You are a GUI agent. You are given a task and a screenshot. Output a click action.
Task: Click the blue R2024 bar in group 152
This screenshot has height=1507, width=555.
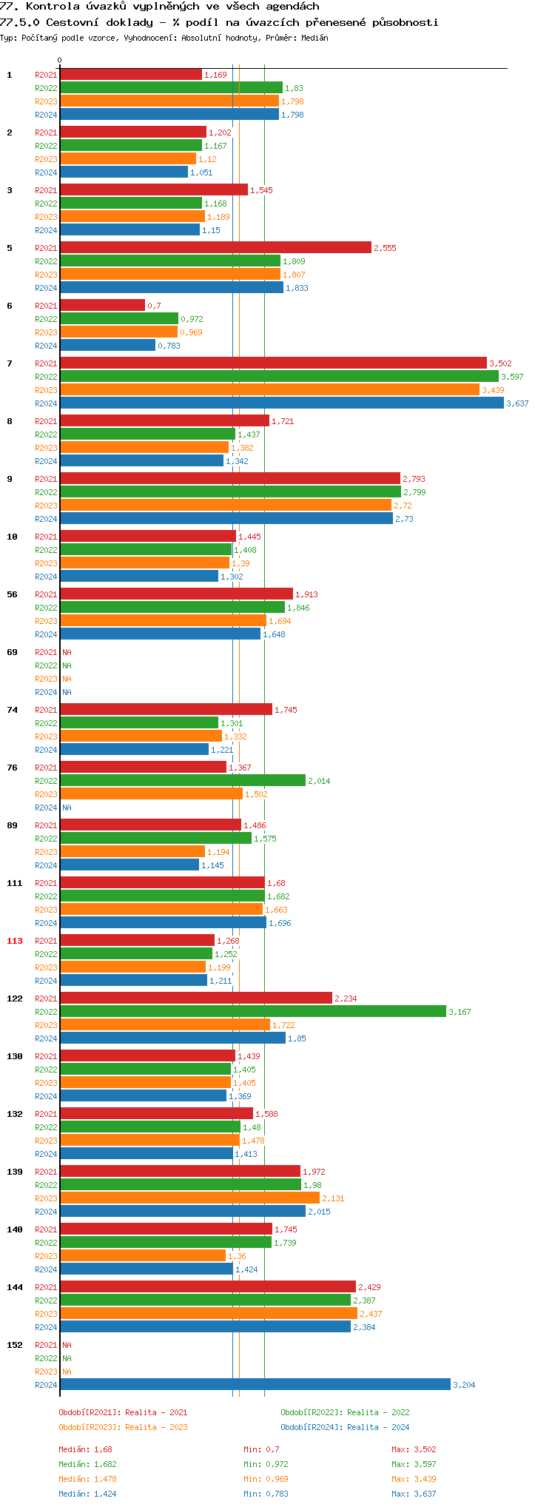click(255, 1385)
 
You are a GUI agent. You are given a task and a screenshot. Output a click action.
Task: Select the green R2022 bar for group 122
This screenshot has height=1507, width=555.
click(252, 1012)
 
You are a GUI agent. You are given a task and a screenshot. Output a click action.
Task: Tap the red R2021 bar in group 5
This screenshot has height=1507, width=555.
click(215, 248)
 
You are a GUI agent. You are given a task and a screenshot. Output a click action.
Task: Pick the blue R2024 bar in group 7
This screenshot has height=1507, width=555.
click(281, 403)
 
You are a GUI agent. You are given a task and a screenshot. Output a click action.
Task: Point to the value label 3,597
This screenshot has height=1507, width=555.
click(512, 377)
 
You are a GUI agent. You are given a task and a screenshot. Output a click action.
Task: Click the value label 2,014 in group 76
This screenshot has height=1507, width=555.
click(319, 781)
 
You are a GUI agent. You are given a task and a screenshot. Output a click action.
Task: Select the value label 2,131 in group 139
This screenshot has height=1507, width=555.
click(333, 1198)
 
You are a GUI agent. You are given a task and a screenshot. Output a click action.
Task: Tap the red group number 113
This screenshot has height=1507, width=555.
click(15, 941)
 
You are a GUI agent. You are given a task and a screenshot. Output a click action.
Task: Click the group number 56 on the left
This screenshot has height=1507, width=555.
click(13, 594)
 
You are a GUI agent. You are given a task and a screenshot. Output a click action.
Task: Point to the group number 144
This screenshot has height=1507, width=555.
click(15, 1287)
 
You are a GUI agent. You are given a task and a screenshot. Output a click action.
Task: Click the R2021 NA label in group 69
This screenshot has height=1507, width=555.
click(67, 652)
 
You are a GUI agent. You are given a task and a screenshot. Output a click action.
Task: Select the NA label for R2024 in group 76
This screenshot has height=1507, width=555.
click(67, 808)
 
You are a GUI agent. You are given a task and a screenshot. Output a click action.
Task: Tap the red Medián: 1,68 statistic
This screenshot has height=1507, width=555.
click(85, 1449)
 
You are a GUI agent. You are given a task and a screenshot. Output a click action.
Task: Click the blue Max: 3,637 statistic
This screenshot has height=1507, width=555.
click(414, 1494)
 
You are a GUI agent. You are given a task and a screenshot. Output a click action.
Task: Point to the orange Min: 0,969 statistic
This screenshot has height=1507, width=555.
click(266, 1479)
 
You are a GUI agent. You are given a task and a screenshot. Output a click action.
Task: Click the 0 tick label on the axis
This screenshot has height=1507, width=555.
click(60, 61)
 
